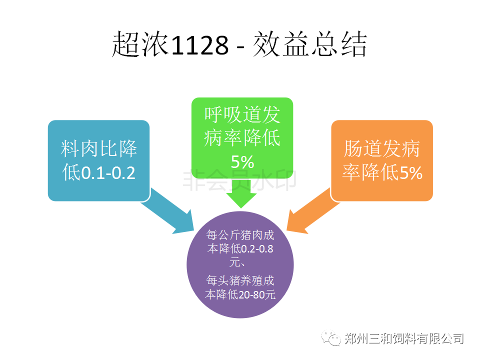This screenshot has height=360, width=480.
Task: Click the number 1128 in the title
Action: [199, 45]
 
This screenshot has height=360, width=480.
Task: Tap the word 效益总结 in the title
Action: [310, 44]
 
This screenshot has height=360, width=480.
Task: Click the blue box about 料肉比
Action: [99, 160]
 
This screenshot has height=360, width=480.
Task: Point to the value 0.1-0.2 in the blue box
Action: [108, 173]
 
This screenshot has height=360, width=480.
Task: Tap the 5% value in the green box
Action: [242, 161]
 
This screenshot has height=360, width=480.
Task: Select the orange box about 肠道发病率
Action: [381, 160]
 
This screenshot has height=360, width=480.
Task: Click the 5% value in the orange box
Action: [411, 172]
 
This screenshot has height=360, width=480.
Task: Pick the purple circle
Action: [240, 264]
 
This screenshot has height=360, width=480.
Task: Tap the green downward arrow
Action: [241, 193]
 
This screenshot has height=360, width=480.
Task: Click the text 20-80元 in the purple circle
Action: [256, 294]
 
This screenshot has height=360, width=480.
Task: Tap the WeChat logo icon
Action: [331, 338]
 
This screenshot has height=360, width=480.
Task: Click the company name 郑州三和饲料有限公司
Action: [404, 338]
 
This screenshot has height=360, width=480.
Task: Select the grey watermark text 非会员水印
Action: [239, 180]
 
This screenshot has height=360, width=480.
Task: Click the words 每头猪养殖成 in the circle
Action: [240, 280]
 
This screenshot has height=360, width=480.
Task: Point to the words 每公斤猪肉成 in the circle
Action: [240, 235]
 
